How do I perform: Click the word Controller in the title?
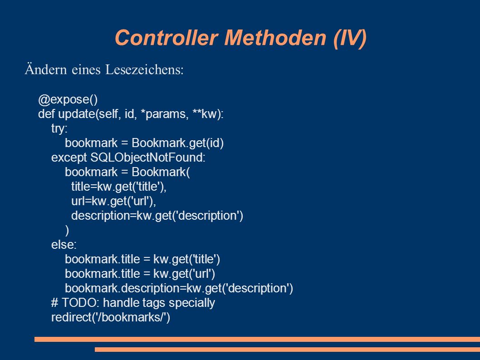click(x=166, y=38)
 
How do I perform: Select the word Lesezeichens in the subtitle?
click(x=144, y=69)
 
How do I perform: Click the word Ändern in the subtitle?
click(x=46, y=69)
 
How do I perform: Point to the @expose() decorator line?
click(x=68, y=99)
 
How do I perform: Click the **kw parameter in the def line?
click(x=207, y=114)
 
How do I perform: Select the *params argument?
click(x=164, y=114)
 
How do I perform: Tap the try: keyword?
click(x=59, y=128)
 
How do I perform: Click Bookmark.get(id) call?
click(x=177, y=143)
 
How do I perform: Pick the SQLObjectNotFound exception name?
click(x=148, y=158)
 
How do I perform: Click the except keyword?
click(x=69, y=158)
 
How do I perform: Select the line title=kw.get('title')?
click(x=119, y=187)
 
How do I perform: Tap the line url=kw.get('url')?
click(x=113, y=201)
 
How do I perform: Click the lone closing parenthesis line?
click(x=67, y=230)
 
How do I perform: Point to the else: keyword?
click(x=64, y=245)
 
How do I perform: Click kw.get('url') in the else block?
click(x=184, y=274)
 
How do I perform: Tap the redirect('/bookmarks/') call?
click(x=111, y=317)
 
